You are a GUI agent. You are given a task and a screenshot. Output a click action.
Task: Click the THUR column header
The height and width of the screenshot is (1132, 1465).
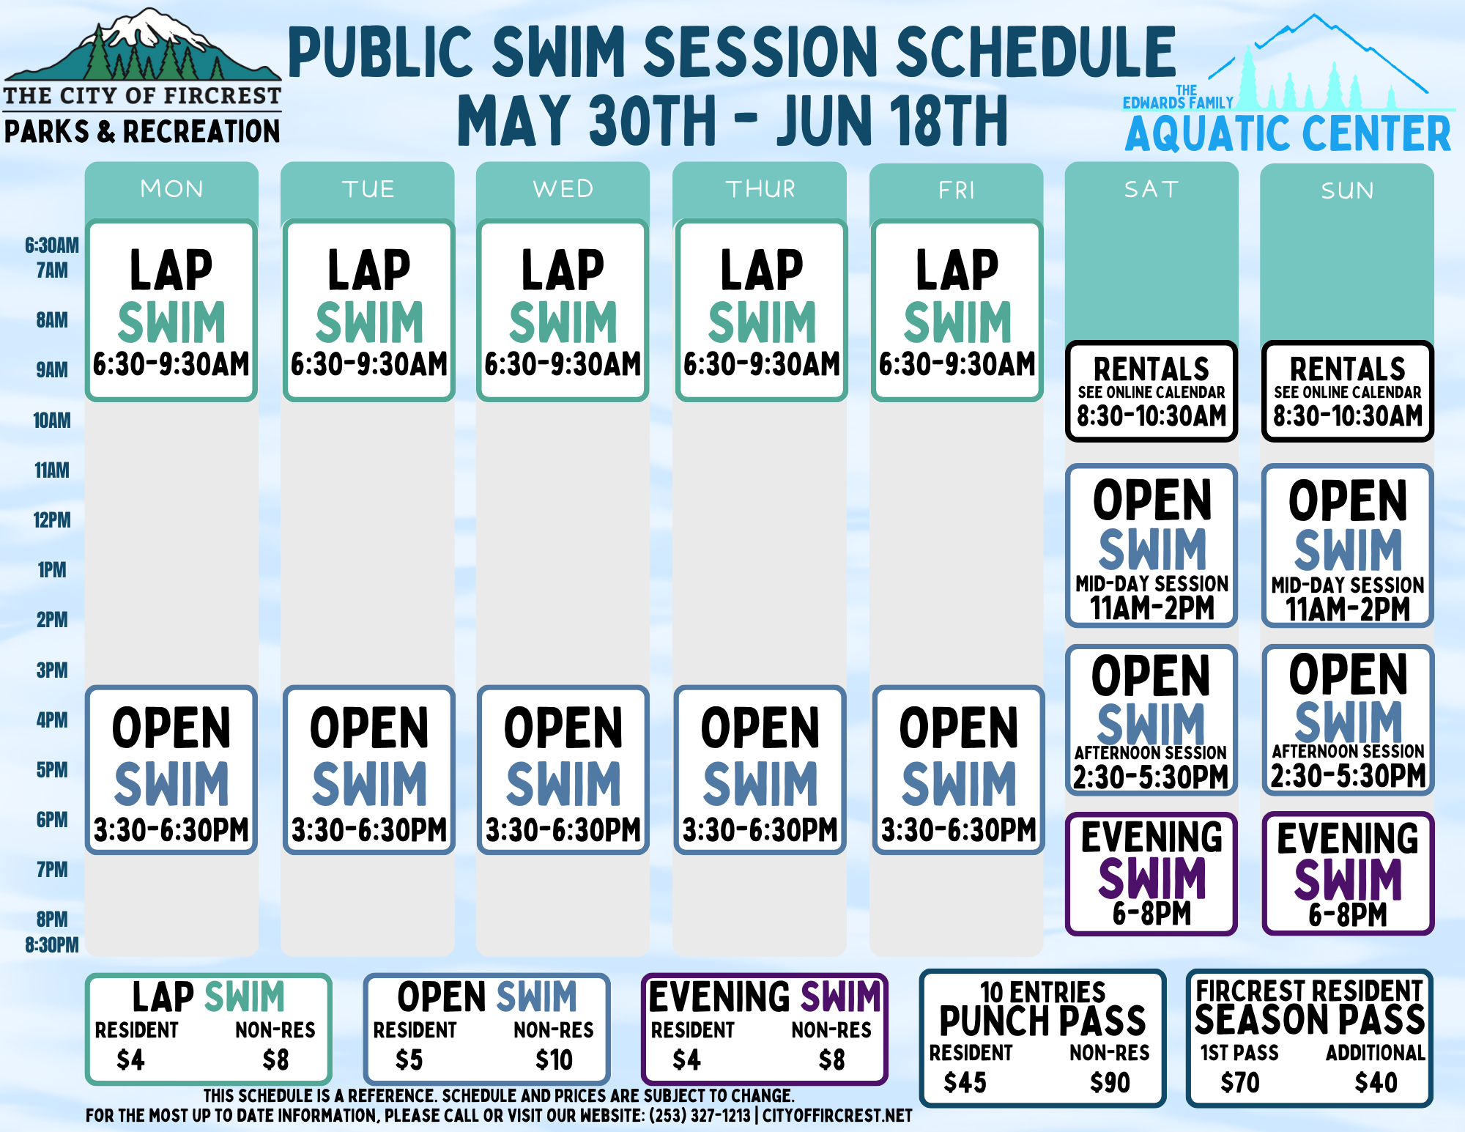tap(760, 189)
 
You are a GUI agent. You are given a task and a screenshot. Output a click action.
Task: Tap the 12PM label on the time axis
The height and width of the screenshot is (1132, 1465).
tap(52, 520)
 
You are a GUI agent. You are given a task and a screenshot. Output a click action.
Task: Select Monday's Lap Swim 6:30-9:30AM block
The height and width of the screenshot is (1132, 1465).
tap(171, 310)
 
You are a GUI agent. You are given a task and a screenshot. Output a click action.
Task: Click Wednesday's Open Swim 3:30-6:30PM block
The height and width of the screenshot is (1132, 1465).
tap(563, 770)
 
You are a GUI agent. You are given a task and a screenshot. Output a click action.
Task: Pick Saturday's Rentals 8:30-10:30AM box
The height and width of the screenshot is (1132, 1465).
tap(1151, 391)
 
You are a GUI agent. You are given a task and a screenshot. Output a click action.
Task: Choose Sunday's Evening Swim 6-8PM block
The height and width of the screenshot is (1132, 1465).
tap(1348, 873)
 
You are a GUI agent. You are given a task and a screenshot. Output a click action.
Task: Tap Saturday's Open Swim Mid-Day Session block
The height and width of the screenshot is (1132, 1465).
tap(1151, 546)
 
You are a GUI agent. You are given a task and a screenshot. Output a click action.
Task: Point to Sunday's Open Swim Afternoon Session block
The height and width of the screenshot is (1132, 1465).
tap(1348, 720)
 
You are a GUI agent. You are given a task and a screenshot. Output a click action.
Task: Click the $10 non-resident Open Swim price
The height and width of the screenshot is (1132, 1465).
tap(554, 1060)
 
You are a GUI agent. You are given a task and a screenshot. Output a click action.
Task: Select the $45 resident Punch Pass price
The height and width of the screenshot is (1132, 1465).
tap(965, 1082)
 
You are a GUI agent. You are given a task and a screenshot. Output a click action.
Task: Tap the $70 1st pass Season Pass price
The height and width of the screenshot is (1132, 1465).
tap(1240, 1082)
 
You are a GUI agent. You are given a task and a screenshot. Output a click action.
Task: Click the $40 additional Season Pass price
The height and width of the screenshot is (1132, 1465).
tap(1376, 1082)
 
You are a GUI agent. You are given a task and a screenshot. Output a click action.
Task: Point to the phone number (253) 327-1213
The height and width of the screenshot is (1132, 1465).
tap(700, 1116)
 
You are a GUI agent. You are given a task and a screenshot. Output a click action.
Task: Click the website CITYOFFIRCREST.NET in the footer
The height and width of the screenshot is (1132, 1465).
tap(837, 1116)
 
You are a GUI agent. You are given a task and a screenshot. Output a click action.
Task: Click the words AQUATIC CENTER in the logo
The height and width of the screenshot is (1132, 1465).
tap(1288, 133)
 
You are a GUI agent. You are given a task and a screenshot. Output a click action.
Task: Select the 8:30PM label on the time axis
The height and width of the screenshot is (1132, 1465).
tap(51, 944)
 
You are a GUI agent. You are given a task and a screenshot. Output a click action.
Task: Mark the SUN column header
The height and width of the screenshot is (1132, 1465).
tap(1347, 190)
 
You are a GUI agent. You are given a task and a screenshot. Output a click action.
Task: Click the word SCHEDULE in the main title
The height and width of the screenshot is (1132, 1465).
tap(1036, 51)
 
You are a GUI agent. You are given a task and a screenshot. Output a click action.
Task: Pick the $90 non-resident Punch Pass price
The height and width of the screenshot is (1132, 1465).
tap(1110, 1082)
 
